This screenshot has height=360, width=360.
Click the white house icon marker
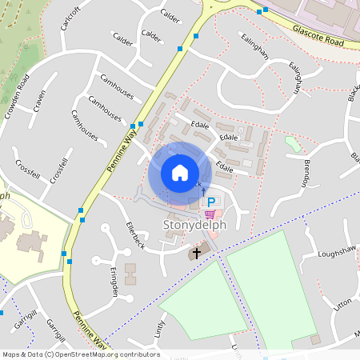[180, 173]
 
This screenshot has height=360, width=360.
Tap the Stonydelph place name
[196, 225]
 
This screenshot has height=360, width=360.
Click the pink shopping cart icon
[210, 214]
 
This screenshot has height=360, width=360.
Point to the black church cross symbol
[197, 253]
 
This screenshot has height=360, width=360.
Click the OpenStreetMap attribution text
[81, 354]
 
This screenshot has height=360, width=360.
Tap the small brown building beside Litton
[315, 339]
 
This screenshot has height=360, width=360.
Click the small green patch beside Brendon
[293, 143]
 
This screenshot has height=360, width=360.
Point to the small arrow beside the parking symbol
[203, 190]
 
